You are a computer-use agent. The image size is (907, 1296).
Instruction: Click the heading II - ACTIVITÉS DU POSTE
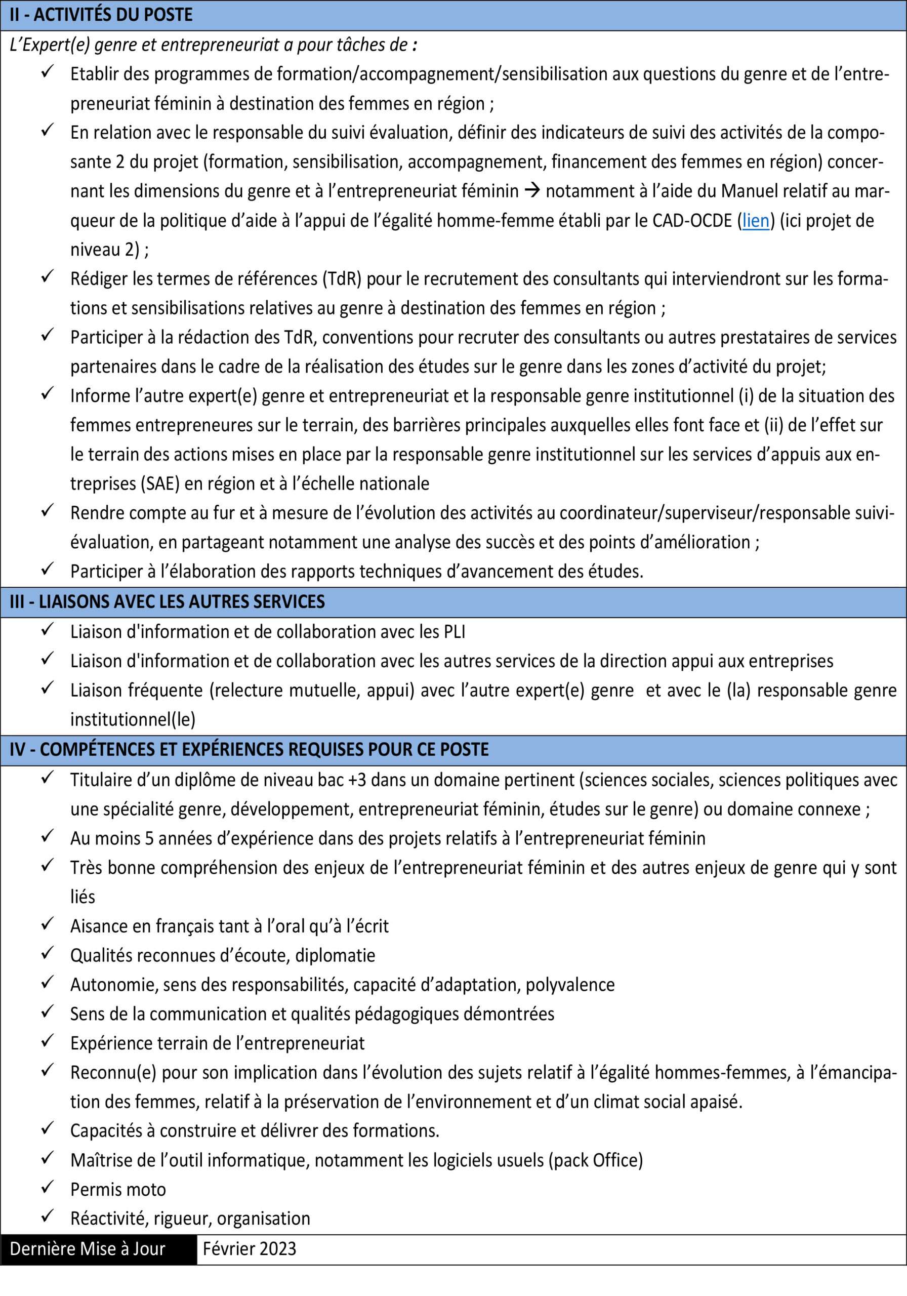coord(101,15)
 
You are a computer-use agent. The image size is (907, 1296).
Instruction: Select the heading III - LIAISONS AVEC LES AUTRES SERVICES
coord(167,602)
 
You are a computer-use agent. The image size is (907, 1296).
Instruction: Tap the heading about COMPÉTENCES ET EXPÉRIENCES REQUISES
coord(249,750)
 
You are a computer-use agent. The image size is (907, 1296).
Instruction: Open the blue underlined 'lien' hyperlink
coord(756,221)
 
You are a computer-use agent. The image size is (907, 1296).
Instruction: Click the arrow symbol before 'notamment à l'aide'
coord(531,191)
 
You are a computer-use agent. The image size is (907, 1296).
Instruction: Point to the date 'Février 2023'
coord(250,1248)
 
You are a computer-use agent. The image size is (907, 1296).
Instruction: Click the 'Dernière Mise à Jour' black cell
coord(88,1248)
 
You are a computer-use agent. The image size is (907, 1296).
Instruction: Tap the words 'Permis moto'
coord(118,1190)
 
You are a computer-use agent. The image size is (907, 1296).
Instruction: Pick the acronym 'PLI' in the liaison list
coord(455,632)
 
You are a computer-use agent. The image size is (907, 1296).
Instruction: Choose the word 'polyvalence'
coord(570,985)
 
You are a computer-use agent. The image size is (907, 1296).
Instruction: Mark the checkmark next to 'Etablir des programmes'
coord(48,72)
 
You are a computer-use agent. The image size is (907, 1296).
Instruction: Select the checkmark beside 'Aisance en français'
coord(48,924)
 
